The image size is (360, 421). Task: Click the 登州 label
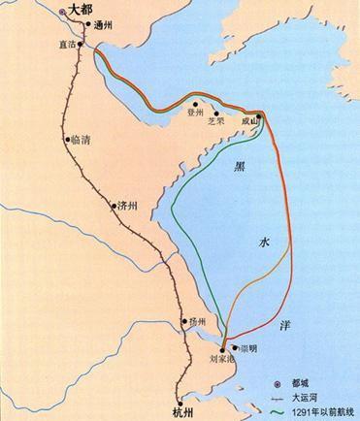tap(198, 113)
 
